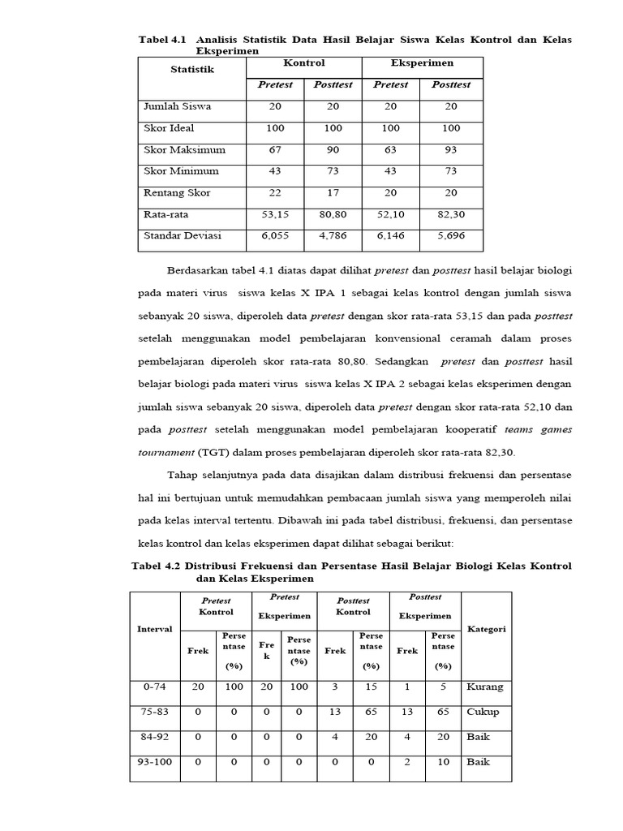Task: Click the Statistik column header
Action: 192,70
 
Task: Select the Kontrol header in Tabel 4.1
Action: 304,63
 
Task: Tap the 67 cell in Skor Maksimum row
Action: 275,150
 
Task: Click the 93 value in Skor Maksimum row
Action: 451,150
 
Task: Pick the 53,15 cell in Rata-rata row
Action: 275,215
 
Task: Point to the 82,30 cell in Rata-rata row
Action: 451,215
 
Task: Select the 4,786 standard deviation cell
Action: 333,236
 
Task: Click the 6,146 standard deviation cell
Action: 391,236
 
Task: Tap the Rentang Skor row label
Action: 177,193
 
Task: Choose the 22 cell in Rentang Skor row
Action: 275,193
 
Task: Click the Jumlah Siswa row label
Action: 178,106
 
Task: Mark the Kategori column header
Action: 487,629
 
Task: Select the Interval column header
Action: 154,629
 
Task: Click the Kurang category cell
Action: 485,687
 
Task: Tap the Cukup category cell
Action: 483,713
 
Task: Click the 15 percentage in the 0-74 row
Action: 371,687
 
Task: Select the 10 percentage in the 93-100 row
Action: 443,763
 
